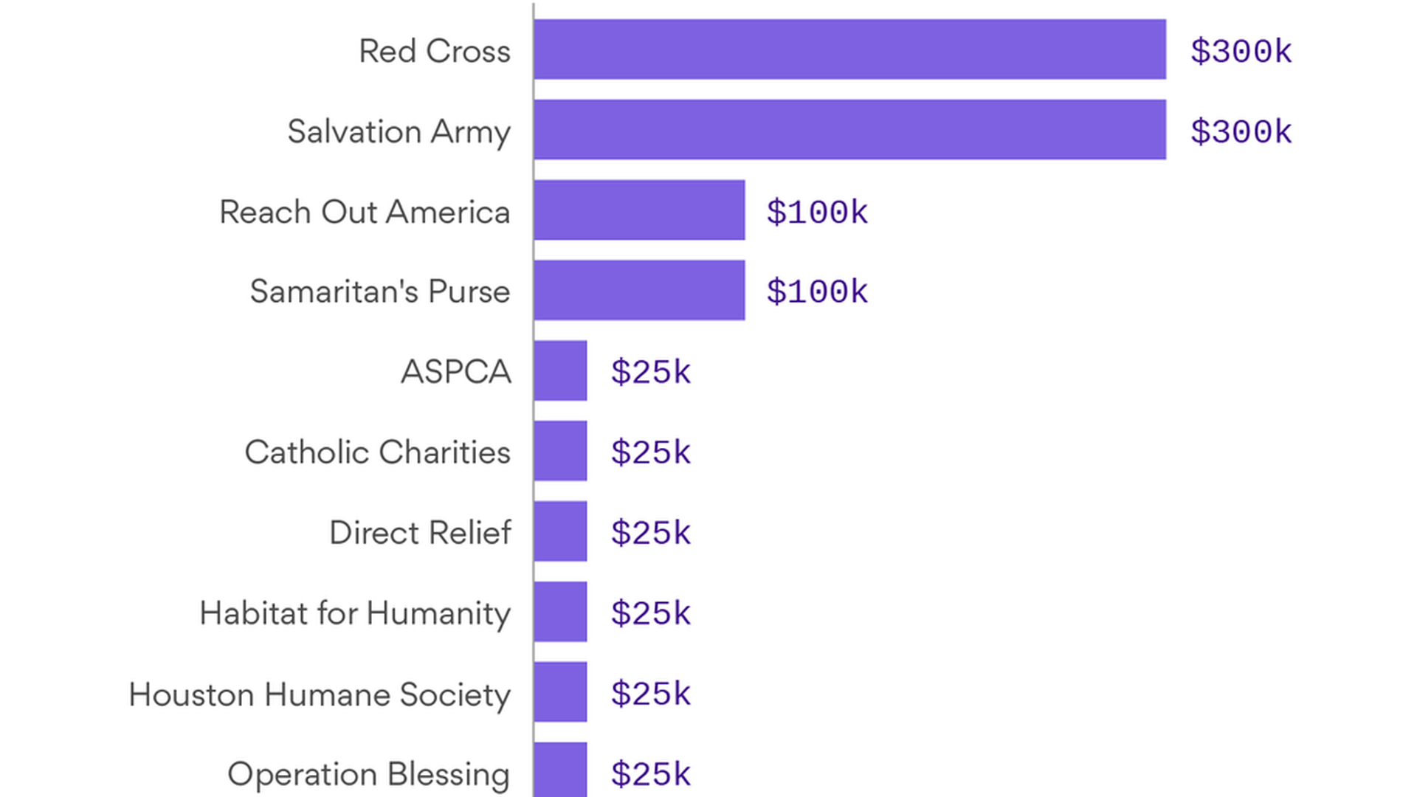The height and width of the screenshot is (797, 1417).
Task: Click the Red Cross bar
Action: coord(849,49)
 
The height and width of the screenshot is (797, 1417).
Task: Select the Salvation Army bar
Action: coord(849,130)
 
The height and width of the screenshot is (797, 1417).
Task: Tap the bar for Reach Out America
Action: coord(639,210)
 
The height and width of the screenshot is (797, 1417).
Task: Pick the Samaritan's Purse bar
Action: coord(639,290)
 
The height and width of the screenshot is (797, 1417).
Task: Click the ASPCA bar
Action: coord(560,370)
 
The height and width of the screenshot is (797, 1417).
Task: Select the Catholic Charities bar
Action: coord(560,451)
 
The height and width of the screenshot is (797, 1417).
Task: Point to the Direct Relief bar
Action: coord(560,531)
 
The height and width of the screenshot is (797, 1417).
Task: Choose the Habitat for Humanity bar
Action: coord(560,612)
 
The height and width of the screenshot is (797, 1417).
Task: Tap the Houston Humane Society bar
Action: coord(560,692)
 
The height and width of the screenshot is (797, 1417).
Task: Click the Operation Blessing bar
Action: coord(560,770)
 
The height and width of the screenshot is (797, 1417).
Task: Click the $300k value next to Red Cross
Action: coord(1241,52)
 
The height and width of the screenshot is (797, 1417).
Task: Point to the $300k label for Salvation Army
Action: coord(1241,132)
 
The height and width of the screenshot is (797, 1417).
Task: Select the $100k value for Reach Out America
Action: coord(817,213)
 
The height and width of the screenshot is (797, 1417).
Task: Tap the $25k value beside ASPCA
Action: coord(650,372)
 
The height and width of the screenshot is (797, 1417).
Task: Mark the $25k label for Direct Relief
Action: coord(650,533)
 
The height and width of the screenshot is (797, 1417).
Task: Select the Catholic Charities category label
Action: coord(377,452)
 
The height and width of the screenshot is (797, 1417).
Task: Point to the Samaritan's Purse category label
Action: coord(379,291)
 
